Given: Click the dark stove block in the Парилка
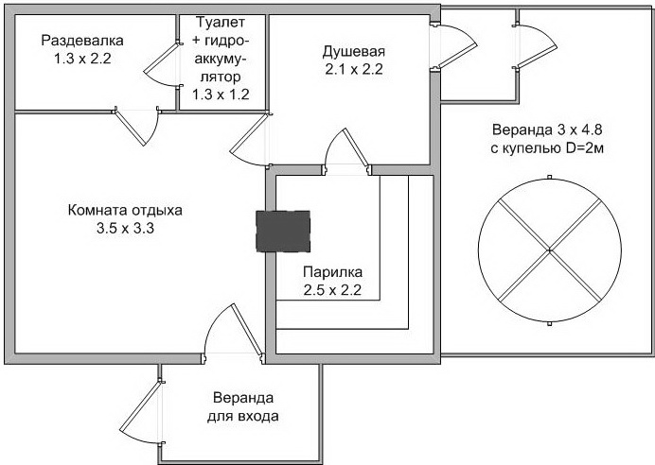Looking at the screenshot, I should coord(284,231).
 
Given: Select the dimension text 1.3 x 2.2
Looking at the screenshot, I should coord(83,59).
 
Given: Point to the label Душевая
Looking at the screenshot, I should coord(354,51).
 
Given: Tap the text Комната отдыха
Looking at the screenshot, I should coord(125,210).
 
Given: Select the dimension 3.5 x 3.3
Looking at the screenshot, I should coord(125,229).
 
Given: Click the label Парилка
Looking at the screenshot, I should coord(331,272).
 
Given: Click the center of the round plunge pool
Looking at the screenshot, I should coord(549,250).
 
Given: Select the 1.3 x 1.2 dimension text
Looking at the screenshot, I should coord(221,94).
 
